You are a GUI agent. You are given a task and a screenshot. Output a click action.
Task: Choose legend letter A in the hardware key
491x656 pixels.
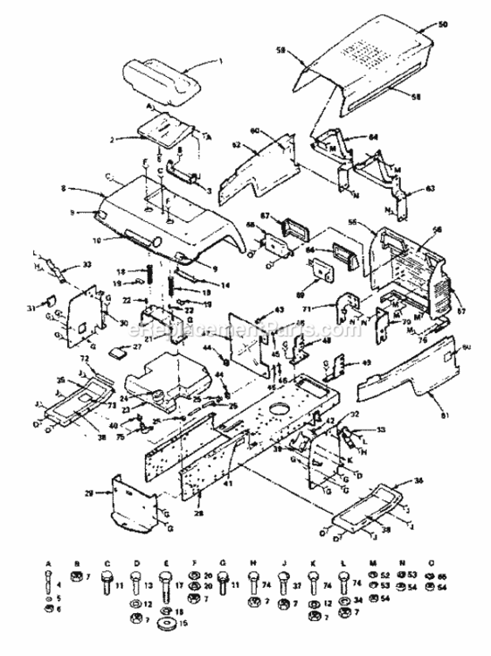[49, 563]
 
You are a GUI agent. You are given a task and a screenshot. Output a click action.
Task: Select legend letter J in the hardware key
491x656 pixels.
[285, 563]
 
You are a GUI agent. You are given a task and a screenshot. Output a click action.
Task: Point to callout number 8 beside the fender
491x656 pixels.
[64, 187]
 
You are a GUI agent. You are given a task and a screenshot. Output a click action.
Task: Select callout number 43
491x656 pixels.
[280, 311]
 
